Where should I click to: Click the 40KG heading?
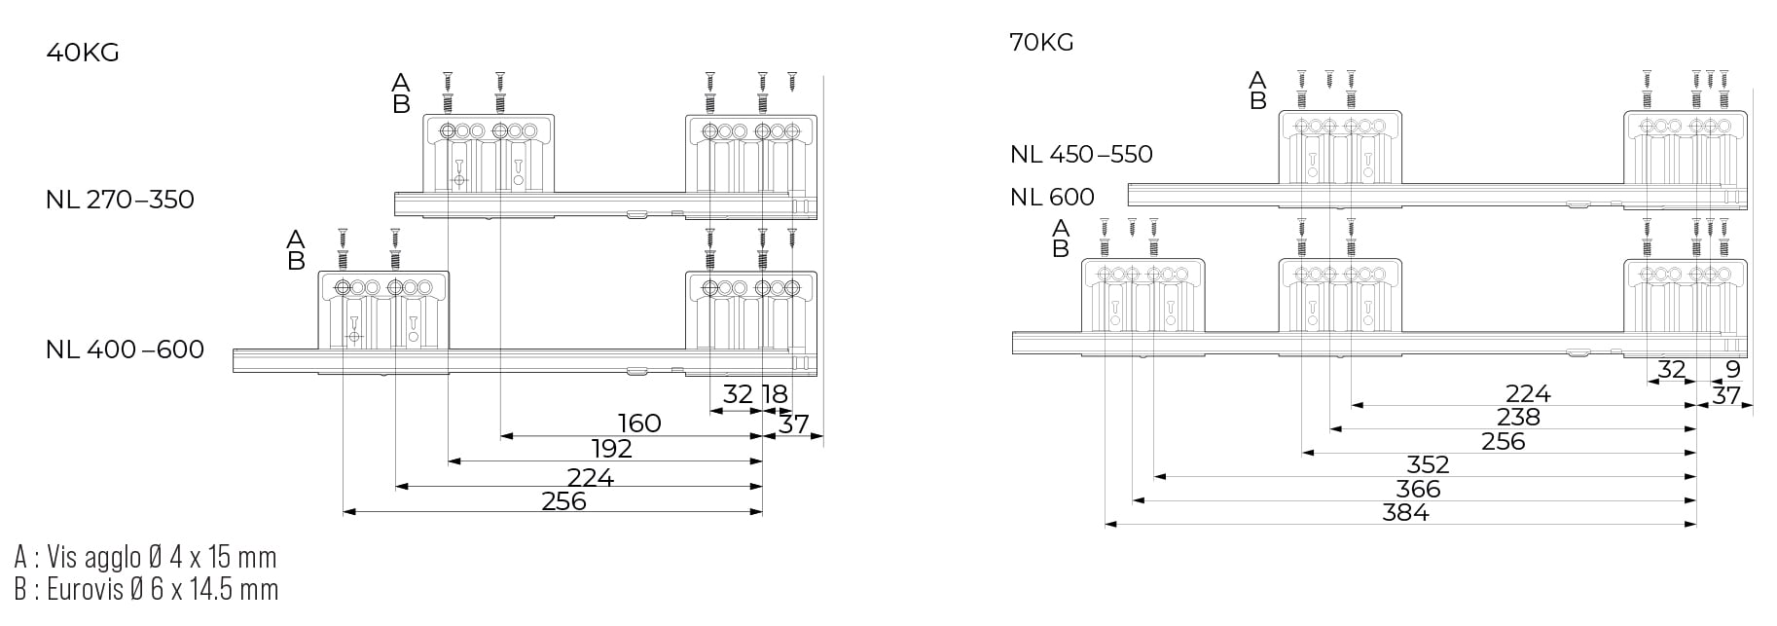coord(83,53)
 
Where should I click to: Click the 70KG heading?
coord(1042,43)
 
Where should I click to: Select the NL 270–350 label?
coord(120,200)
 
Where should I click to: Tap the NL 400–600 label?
coord(125,350)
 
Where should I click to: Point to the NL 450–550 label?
coord(1081,154)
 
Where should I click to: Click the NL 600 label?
coord(1052,197)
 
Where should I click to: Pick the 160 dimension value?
coord(639,423)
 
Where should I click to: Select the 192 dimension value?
coord(611,449)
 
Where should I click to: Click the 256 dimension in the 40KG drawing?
coord(564,501)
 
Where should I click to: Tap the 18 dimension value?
coord(775,394)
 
